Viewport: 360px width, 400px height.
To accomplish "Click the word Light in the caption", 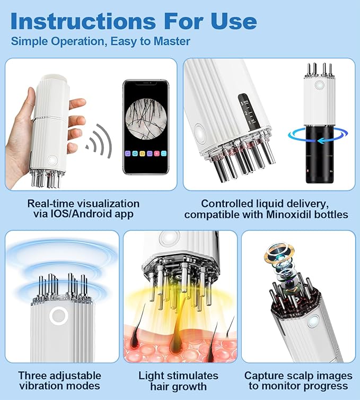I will pos(152,376).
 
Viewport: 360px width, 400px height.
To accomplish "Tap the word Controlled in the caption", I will pos(226,204).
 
